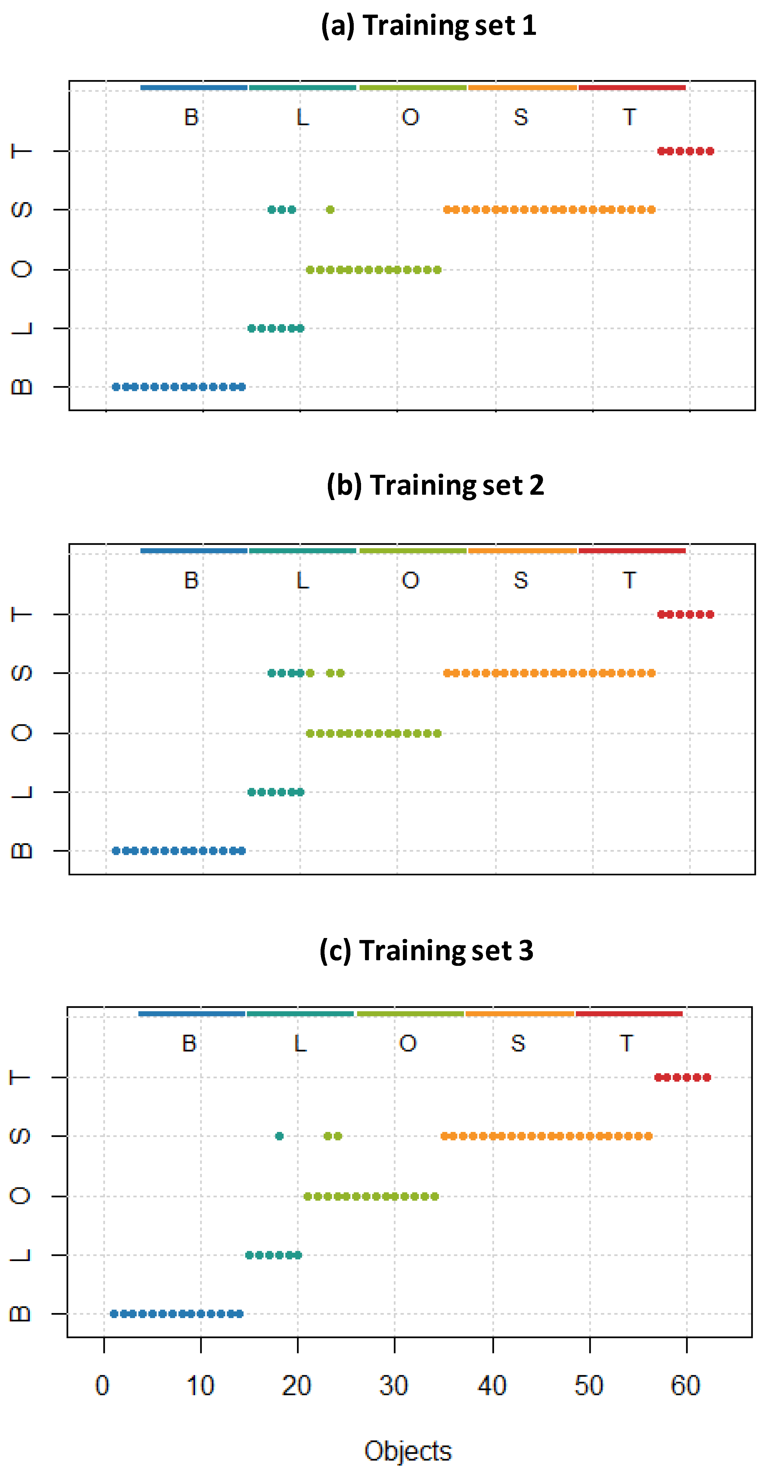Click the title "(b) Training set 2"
tap(435, 485)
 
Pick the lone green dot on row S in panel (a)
tap(330, 209)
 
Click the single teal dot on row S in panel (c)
tap(279, 1136)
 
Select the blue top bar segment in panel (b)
tap(194, 551)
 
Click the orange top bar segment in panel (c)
tap(519, 1014)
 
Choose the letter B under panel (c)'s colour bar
tap(190, 1043)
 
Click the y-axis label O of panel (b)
tap(22, 733)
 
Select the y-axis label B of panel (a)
tap(22, 387)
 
